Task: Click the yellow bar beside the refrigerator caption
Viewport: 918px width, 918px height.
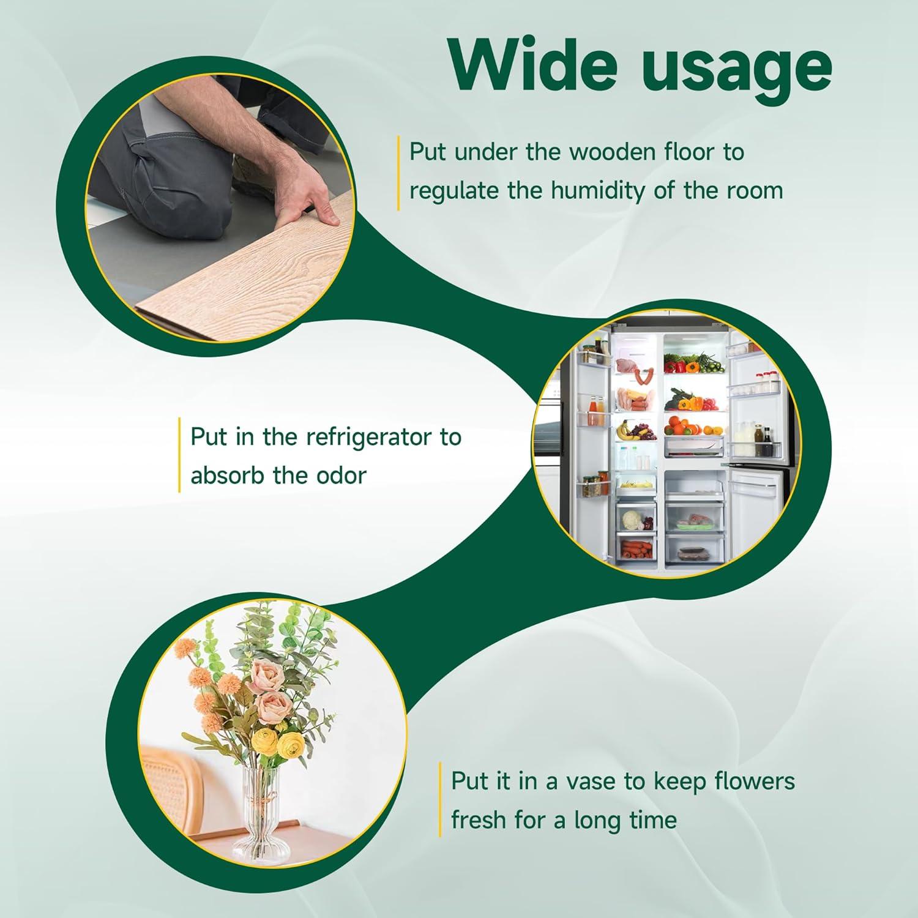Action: click(179, 455)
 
